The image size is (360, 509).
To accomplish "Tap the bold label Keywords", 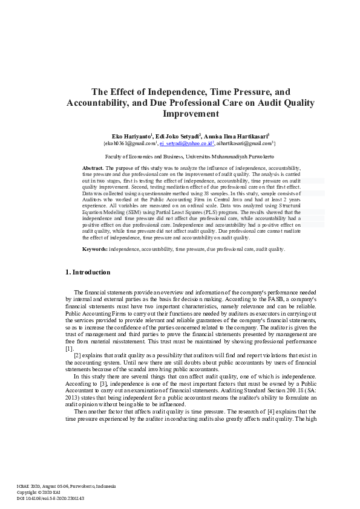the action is click(x=95, y=248).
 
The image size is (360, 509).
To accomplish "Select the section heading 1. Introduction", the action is click(x=88, y=273).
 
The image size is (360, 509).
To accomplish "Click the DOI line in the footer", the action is click(x=50, y=499).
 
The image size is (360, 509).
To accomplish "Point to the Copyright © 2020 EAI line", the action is click(x=38, y=493).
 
